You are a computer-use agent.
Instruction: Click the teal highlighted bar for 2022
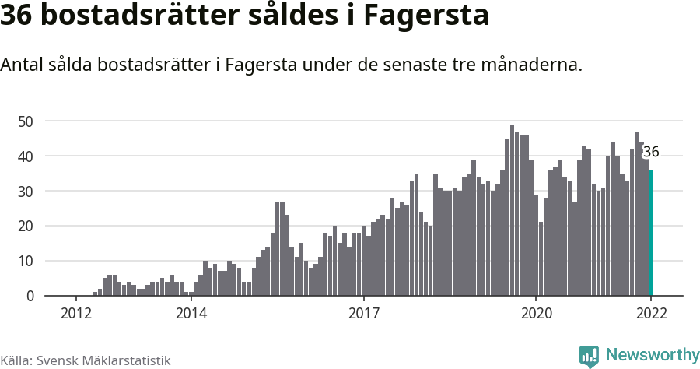click(651, 234)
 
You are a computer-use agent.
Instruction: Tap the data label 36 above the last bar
click(651, 153)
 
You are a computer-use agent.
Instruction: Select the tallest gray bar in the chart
click(512, 210)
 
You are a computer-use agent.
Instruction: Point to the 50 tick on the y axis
click(26, 121)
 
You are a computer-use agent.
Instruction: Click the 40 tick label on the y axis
click(26, 156)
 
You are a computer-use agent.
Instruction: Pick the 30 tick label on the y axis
click(26, 192)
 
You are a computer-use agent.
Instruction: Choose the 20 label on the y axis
click(26, 227)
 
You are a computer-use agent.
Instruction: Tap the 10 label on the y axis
click(26, 262)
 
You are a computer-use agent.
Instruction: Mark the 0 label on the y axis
click(30, 297)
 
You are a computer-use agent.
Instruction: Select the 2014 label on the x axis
click(191, 314)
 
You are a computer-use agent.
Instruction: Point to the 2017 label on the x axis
click(363, 314)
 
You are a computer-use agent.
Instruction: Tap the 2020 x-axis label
click(536, 314)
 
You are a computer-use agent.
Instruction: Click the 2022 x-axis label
click(651, 314)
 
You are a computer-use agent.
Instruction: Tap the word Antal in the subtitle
click(23, 65)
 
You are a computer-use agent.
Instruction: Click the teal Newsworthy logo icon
click(589, 356)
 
